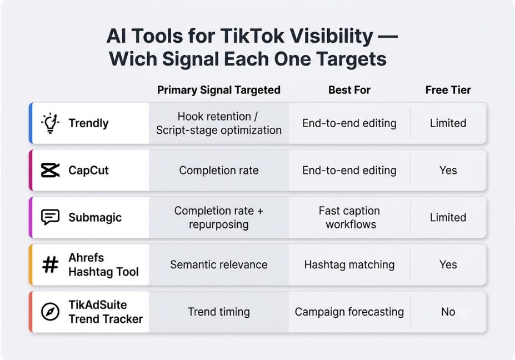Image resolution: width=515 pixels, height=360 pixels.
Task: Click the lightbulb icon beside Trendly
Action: (50, 123)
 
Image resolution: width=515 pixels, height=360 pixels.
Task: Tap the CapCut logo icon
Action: (50, 170)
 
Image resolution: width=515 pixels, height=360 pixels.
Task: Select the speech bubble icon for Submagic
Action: (50, 217)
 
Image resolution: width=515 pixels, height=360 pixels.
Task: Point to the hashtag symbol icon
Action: (50, 264)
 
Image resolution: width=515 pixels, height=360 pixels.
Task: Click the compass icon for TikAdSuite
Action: (50, 311)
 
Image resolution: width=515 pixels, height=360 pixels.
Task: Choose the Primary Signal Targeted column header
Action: (219, 89)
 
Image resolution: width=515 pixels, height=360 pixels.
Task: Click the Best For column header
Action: (349, 89)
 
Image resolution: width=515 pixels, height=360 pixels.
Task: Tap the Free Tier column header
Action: (448, 89)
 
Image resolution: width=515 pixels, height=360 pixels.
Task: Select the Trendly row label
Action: (88, 123)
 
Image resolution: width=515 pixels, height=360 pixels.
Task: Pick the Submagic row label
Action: (95, 217)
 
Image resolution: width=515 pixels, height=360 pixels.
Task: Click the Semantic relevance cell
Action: (219, 264)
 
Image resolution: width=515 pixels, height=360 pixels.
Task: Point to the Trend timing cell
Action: (219, 312)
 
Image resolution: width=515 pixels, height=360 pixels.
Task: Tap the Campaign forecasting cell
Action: (349, 312)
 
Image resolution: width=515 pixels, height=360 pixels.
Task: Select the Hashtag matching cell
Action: (349, 264)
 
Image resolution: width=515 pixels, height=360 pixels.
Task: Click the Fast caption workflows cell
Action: (350, 217)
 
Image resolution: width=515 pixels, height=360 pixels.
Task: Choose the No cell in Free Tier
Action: (448, 312)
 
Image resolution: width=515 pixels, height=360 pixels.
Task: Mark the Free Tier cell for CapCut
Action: (448, 170)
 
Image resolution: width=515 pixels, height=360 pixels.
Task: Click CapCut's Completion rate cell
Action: (219, 170)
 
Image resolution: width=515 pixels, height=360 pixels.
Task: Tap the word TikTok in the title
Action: (252, 36)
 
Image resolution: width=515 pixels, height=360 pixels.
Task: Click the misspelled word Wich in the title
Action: (133, 59)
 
